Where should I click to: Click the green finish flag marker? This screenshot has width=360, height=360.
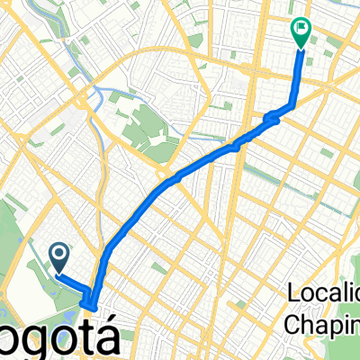(x=300, y=32)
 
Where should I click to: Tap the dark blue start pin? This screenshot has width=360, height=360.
(x=59, y=259)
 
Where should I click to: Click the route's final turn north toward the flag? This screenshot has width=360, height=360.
(x=292, y=106)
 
